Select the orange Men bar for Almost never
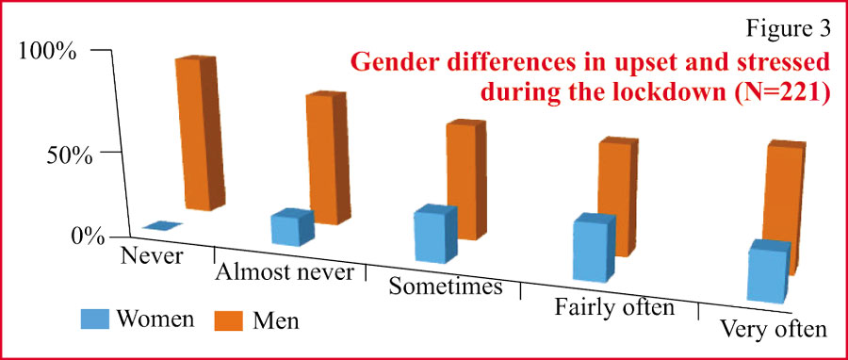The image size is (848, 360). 328,157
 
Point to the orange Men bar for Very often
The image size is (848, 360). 784,208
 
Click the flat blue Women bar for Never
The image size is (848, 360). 163,226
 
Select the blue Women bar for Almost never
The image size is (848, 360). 293,227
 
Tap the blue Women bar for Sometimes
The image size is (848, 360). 436,234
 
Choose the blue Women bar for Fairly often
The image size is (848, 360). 595,248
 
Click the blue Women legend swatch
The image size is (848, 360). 95,319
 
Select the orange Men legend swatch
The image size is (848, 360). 229,319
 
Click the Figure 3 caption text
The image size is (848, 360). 788,29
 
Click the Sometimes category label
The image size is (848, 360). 445,286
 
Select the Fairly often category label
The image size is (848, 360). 613,307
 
